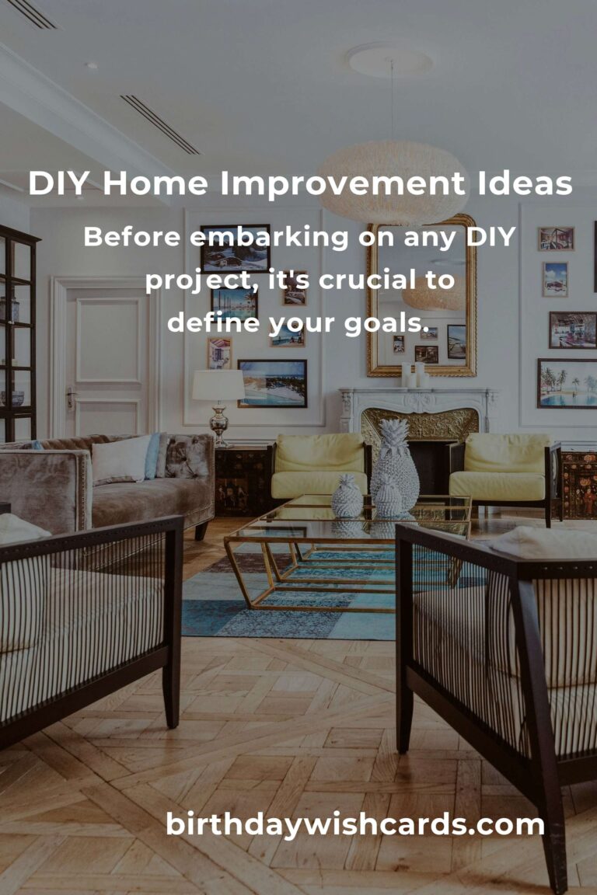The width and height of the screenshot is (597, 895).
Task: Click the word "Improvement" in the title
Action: click(x=341, y=184)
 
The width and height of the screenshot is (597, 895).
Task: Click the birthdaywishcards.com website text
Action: click(x=354, y=824)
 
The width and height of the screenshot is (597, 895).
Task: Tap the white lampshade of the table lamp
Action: click(x=218, y=385)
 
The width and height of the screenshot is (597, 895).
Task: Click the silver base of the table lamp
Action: click(x=218, y=423)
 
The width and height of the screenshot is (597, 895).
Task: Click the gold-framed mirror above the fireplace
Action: click(x=421, y=295)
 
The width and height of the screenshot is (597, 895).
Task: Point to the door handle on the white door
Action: click(x=70, y=396)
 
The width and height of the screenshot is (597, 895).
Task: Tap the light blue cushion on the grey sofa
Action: click(x=152, y=456)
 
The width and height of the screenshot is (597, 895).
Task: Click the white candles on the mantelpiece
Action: click(x=415, y=375)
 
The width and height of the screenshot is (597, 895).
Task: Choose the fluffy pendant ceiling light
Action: click(x=393, y=182)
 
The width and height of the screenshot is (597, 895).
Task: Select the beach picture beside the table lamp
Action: click(x=273, y=384)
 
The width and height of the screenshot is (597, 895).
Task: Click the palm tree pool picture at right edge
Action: click(x=567, y=384)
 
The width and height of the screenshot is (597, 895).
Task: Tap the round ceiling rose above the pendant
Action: click(x=389, y=59)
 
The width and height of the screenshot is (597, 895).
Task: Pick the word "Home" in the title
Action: click(x=155, y=184)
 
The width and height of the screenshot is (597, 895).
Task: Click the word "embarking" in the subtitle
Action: click(x=268, y=237)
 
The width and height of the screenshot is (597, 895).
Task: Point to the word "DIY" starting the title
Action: click(x=59, y=184)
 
